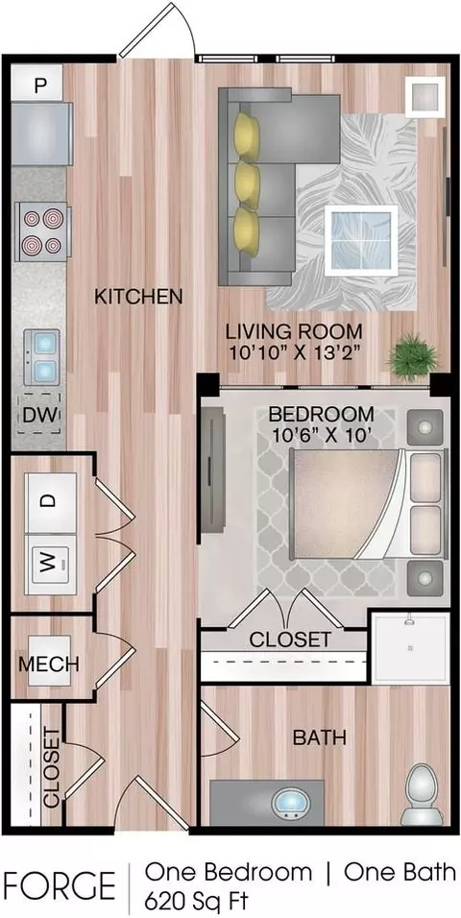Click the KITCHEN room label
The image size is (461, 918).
(x=139, y=297)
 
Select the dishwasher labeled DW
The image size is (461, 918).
(x=39, y=415)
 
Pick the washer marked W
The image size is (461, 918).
(x=51, y=565)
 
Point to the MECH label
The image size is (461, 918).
(x=49, y=664)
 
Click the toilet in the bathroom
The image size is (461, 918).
(x=422, y=794)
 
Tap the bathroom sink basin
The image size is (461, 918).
(x=291, y=800)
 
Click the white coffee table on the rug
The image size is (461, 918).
(x=361, y=240)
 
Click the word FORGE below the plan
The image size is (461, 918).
(x=60, y=885)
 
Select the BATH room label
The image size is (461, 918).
(x=319, y=737)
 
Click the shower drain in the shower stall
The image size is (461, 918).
(x=411, y=648)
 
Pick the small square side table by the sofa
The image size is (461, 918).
(x=425, y=97)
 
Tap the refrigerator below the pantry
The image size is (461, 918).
(x=42, y=133)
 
